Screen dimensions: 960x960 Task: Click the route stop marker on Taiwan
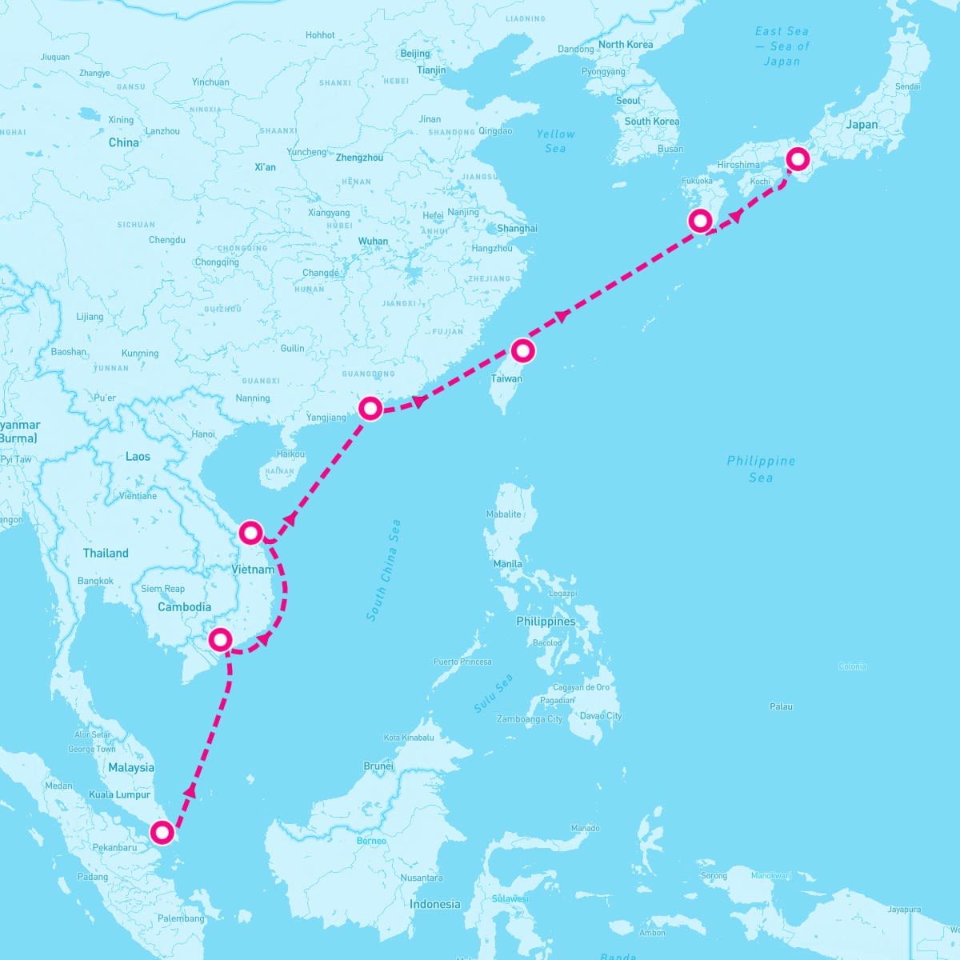click(x=522, y=350)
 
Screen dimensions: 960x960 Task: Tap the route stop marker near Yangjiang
click(x=370, y=408)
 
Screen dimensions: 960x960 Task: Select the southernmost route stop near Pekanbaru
click(x=162, y=833)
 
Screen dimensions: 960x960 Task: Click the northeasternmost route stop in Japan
click(x=798, y=159)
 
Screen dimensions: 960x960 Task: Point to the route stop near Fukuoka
click(x=700, y=219)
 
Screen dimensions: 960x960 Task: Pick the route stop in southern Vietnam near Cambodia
click(x=220, y=639)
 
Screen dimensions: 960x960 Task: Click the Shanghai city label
click(x=517, y=228)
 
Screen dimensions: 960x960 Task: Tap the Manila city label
click(x=507, y=564)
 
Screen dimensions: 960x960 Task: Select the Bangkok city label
click(x=95, y=581)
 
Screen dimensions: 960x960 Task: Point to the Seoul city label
click(x=628, y=101)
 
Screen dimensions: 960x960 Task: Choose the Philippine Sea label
click(x=761, y=469)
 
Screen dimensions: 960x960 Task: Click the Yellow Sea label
click(x=555, y=141)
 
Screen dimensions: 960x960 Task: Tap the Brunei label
click(x=378, y=766)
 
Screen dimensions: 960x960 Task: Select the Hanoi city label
click(x=203, y=434)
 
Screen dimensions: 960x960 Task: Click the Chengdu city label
click(x=166, y=240)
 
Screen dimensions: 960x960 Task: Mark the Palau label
click(x=781, y=706)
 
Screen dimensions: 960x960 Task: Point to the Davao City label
click(x=600, y=716)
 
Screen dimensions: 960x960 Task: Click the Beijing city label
click(x=414, y=54)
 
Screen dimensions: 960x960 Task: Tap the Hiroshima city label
click(x=738, y=165)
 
